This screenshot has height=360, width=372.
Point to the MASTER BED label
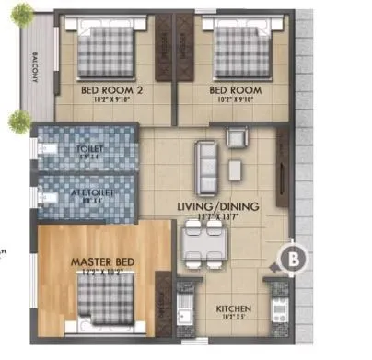pos(103,262)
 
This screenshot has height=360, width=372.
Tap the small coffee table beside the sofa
pos(235,170)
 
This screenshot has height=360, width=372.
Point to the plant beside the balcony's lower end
pos(19,119)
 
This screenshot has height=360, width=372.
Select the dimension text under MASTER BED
pos(103,273)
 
